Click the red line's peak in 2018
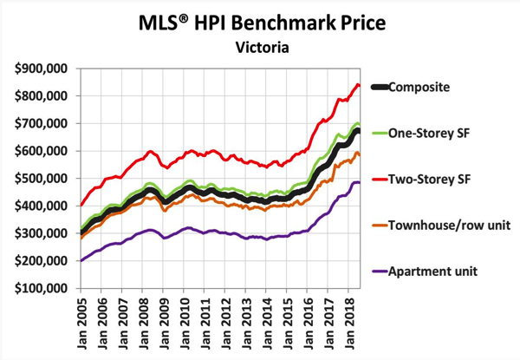point(358,84)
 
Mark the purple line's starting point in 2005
point(81,260)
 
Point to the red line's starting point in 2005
point(81,206)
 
